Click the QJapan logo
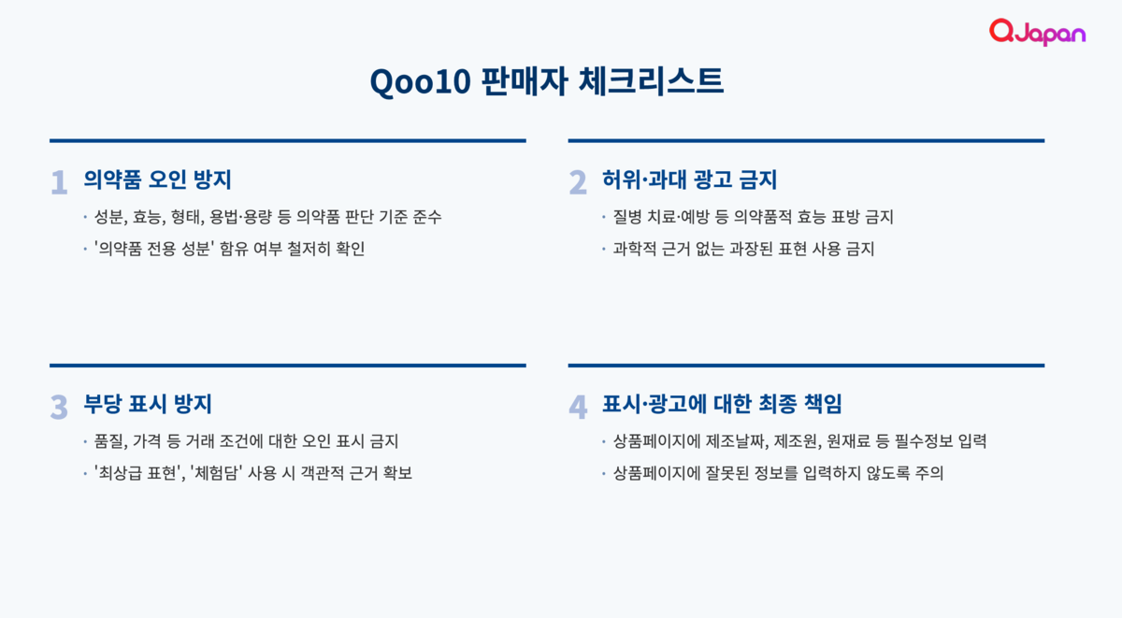1037,32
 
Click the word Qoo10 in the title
420,81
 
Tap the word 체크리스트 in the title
651,80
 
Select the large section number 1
60,182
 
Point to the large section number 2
578,182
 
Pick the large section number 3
59,407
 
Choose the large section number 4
578,407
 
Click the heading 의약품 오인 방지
157,180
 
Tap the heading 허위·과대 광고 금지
689,180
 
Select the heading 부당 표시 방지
148,404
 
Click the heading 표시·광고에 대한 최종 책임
722,404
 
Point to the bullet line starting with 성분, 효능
268,217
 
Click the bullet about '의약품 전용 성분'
229,249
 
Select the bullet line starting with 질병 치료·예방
754,217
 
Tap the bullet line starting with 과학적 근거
744,249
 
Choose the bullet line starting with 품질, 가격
247,441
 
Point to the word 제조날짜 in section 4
737,441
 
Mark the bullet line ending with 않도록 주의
778,473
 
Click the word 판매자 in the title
525,80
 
